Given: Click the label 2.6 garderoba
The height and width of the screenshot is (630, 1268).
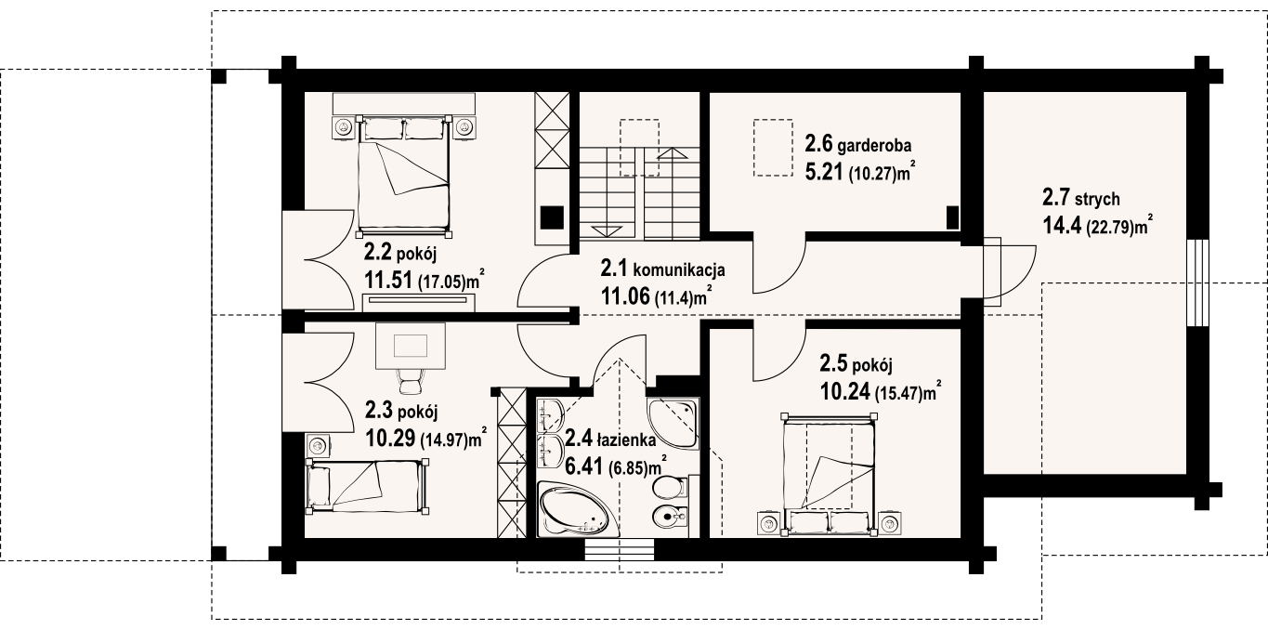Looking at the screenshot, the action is (858, 145).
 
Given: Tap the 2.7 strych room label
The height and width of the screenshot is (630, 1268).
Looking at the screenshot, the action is (1081, 198).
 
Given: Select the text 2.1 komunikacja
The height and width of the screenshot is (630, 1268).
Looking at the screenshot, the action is (663, 269).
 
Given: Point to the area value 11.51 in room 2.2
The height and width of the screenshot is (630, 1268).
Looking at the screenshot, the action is (389, 280).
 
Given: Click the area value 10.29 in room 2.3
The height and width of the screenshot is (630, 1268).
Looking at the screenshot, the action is (390, 438).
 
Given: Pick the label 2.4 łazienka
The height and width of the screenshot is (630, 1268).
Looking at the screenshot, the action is (611, 438).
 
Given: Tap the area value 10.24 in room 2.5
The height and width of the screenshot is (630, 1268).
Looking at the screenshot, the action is (844, 391).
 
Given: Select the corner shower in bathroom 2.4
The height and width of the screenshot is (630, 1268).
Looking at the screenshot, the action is (673, 423).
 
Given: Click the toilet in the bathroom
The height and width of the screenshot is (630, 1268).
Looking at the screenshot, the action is (671, 487).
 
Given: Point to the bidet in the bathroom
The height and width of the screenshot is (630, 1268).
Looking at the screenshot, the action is (671, 515).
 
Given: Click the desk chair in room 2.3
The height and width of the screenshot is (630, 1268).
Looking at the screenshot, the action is (410, 380).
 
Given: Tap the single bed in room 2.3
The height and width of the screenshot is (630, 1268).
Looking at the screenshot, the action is (367, 487).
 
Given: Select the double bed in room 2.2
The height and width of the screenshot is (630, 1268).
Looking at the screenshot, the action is (404, 176).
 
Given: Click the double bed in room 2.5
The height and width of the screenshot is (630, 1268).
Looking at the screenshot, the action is (829, 474).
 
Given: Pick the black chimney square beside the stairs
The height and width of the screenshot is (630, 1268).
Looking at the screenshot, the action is (552, 217).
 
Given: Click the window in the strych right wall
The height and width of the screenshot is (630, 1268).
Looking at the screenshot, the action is (1197, 283).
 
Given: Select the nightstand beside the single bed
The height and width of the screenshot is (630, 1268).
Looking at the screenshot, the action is (318, 445).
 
